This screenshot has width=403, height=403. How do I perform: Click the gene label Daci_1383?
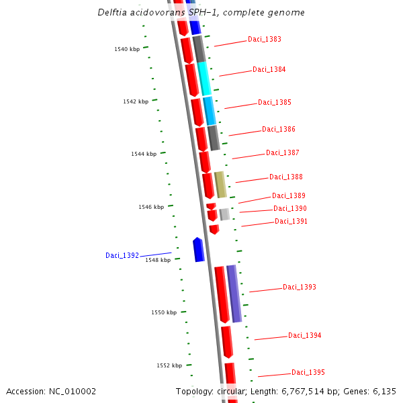coord(264,39)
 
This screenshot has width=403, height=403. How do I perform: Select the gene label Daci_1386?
coord(278,129)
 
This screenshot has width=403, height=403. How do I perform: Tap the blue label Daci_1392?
coord(122,255)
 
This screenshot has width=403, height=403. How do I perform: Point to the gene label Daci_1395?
coord(308,372)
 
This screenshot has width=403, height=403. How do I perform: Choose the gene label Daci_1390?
coord(289,208)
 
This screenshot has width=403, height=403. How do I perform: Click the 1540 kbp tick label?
coord(127,49)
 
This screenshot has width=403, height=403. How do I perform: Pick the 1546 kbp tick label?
coord(151,207)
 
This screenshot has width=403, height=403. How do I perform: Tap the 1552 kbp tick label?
coord(169,365)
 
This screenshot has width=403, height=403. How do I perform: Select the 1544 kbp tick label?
coord(144,154)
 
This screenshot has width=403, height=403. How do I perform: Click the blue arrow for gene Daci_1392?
coord(198,249)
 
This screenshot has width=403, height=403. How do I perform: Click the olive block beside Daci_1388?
coord(220,184)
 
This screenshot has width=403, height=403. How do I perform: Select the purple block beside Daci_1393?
coord(234,294)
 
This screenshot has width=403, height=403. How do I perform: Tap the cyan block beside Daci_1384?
coord(204,79)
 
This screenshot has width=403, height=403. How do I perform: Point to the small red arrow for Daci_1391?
coord(214,229)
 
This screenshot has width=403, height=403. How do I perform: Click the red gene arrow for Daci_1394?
coord(227,341)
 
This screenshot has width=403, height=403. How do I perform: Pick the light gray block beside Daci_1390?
coord(224,214)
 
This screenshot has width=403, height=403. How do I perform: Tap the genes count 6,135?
coord(384,391)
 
